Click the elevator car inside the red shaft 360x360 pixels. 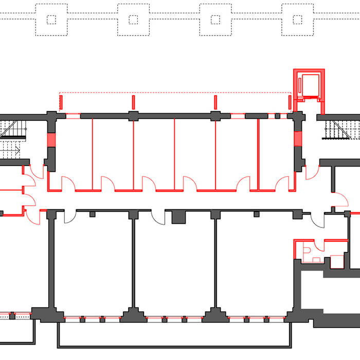(310, 85)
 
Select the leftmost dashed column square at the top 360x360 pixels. (51, 20)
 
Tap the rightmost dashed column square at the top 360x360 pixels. (297, 20)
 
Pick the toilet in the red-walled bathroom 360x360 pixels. (307, 250)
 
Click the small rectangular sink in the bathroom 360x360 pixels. (316, 259)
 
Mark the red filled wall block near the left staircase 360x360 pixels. (51, 140)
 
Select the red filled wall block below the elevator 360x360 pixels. (297, 139)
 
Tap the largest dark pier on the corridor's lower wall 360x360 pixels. (178, 217)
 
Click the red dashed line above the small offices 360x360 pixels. (175, 93)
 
